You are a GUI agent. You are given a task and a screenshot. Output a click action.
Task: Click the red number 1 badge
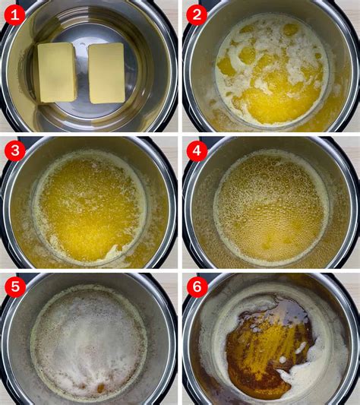pos(15,15)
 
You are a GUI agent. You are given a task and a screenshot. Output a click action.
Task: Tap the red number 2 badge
pos(197,15)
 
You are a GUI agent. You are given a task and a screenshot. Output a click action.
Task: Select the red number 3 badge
pos(15,150)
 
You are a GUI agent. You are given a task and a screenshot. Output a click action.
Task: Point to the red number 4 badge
pos(197,150)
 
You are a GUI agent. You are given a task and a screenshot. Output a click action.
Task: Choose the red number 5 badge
pos(15,286)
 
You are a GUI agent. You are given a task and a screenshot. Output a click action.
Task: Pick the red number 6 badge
pos(197,286)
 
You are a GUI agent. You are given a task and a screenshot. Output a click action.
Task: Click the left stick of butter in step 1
pos(57,72)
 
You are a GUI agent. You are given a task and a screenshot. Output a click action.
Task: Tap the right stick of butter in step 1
pos(106,73)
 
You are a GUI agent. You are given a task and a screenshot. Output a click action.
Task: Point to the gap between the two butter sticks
pos(82,73)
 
